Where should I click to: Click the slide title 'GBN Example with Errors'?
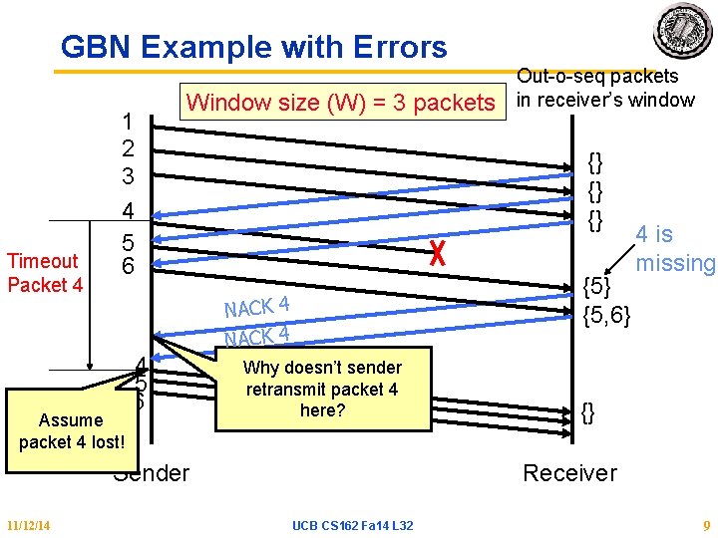coord(254,47)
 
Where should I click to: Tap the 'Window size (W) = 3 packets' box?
coord(340,103)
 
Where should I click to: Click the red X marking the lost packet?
coord(435,255)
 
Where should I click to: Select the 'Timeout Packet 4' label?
coord(43,272)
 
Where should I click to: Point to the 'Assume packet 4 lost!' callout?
coord(71,430)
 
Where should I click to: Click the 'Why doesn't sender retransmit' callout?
coord(321,389)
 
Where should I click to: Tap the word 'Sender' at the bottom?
coord(152,472)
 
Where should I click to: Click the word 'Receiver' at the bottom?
coord(570,472)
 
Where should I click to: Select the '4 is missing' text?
coord(675,249)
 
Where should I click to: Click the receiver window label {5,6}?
coord(609,317)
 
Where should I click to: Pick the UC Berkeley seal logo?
coord(683,30)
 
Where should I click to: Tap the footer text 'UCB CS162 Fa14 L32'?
coord(353,525)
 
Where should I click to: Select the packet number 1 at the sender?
coord(128,122)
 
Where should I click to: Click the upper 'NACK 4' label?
coord(256,306)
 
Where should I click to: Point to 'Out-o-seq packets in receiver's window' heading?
coord(604,88)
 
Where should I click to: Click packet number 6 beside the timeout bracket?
coord(128,266)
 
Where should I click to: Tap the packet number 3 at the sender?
coord(128,175)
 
